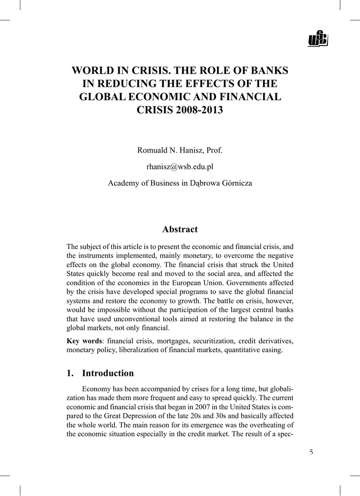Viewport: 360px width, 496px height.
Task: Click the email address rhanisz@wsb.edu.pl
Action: coord(180,167)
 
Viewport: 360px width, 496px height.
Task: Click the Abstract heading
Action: coord(180,229)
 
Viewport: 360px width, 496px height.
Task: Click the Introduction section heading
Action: coord(108,373)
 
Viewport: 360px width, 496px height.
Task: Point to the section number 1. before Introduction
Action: coord(70,373)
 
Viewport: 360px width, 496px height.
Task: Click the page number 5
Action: coord(311,452)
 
